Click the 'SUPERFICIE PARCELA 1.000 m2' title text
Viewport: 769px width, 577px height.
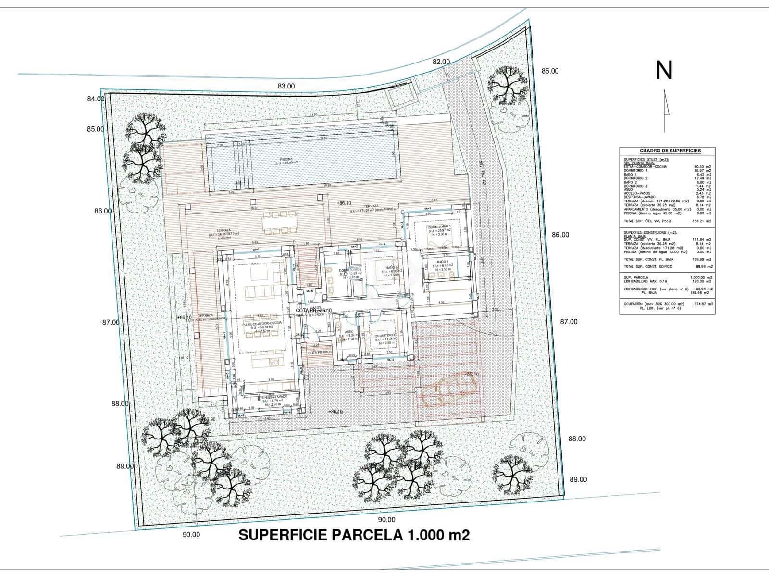(354, 535)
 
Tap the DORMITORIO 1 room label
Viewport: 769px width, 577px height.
(439, 226)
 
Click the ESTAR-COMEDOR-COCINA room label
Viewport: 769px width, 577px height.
(261, 324)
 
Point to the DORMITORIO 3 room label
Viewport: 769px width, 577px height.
(386, 335)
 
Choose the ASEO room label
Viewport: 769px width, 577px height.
(349, 332)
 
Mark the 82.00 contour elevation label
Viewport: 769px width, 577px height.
(441, 62)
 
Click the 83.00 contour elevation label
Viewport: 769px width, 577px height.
(286, 86)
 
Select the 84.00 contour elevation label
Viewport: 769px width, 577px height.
(96, 99)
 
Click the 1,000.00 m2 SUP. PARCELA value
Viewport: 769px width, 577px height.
(701, 277)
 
